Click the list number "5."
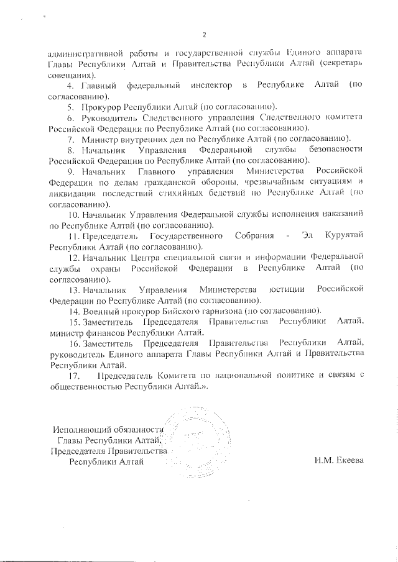(x=70, y=107)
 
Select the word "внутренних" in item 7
(x=133, y=138)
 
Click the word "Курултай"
(x=341, y=237)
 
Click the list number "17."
(x=73, y=374)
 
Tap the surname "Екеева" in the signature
(x=345, y=461)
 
